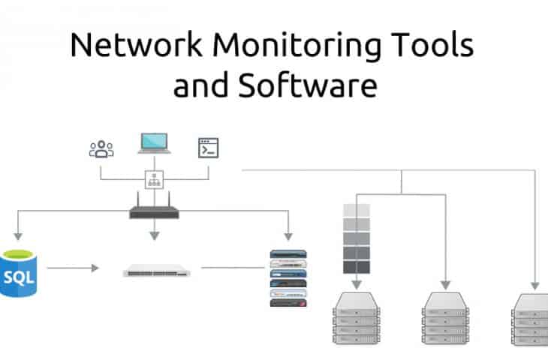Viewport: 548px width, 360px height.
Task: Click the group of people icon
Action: pyautogui.click(x=101, y=148)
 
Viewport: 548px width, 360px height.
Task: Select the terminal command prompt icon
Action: pyautogui.click(x=208, y=148)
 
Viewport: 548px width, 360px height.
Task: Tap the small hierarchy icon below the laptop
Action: pyautogui.click(x=154, y=180)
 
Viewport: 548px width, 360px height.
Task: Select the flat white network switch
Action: pyautogui.click(x=156, y=270)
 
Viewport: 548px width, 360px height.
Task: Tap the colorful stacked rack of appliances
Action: pyautogui.click(x=289, y=277)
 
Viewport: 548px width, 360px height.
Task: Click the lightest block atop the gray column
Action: pyautogui.click(x=356, y=211)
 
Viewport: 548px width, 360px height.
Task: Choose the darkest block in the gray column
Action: pyautogui.click(x=356, y=266)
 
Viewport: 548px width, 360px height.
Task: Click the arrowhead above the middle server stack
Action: pyautogui.click(x=446, y=284)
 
